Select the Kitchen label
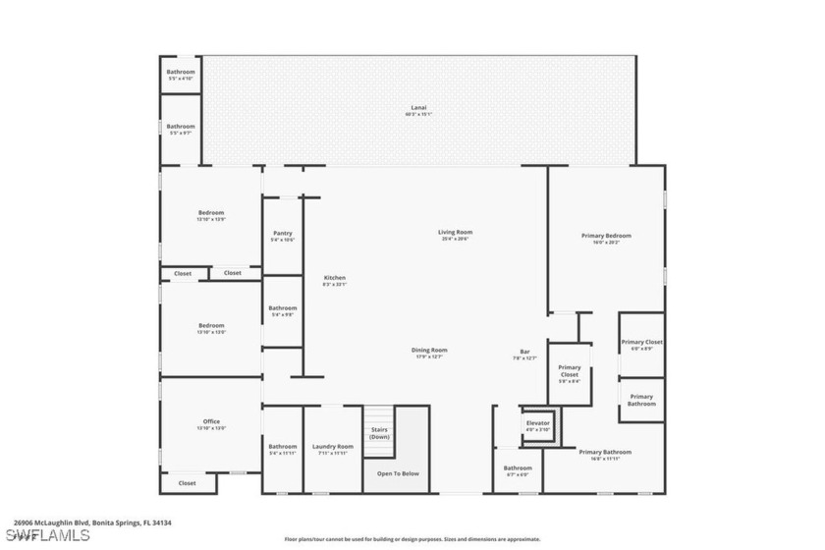[335, 280]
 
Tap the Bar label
[525, 355]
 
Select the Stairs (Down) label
[379, 433]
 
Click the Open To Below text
[398, 473]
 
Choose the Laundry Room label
[332, 449]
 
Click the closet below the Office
[187, 483]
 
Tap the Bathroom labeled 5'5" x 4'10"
[180, 74]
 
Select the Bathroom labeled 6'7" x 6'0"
[518, 470]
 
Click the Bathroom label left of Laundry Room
[283, 449]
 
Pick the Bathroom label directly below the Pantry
[283, 310]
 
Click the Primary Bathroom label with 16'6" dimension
[604, 454]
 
